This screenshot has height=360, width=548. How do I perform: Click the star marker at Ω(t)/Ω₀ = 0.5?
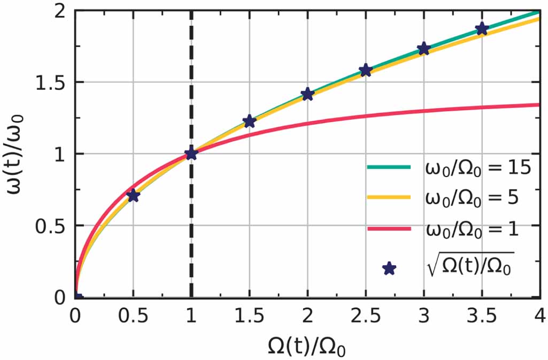point(133,196)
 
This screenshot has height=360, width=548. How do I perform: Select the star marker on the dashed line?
point(191,154)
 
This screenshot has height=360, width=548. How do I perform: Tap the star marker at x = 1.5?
point(249,121)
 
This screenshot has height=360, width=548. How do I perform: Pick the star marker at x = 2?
point(307,95)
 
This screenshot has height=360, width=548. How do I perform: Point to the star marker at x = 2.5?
point(366,71)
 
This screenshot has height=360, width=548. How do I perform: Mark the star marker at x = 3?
point(424,49)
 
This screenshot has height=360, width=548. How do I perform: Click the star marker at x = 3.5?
point(482,29)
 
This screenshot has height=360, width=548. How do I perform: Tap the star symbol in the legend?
point(390,269)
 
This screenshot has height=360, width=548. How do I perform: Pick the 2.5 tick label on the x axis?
point(366,317)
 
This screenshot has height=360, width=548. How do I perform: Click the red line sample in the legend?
point(389,229)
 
